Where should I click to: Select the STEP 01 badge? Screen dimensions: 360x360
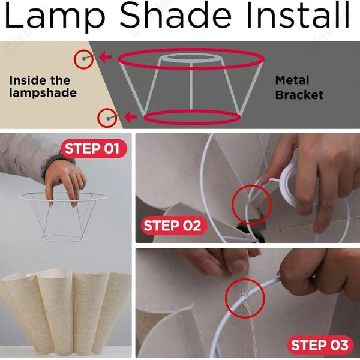point(92,149)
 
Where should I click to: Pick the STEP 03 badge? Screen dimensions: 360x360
point(319,345)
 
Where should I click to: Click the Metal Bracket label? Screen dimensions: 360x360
point(299,87)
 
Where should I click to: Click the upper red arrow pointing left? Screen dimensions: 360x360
point(106,58)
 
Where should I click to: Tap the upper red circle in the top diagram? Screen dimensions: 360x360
point(83,59)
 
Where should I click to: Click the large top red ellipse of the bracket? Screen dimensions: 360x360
point(191,59)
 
